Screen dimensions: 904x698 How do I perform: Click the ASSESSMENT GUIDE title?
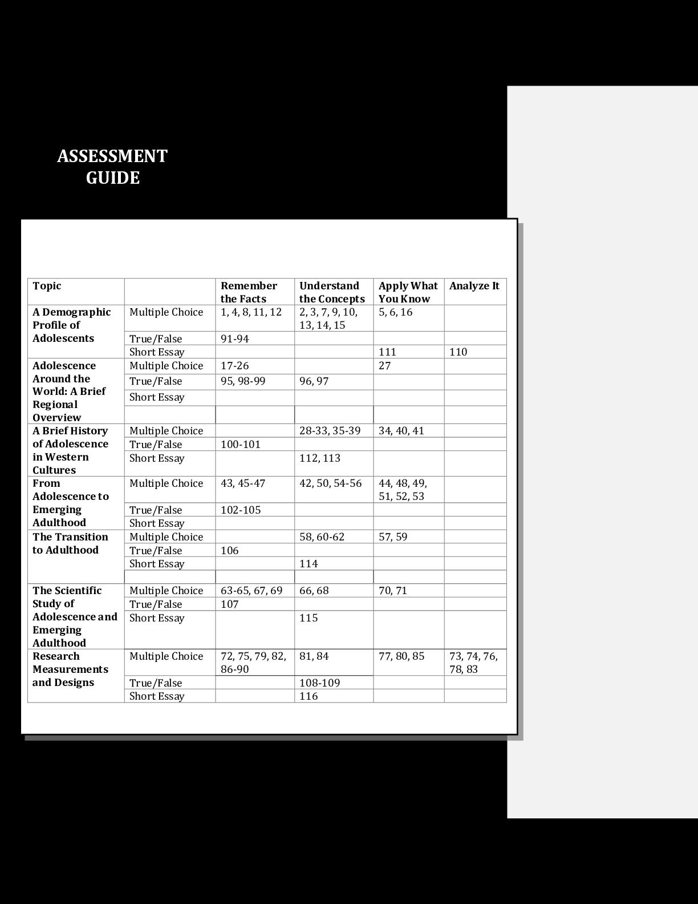point(112,167)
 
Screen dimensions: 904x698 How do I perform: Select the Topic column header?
point(47,286)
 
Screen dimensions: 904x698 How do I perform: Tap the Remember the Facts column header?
point(249,292)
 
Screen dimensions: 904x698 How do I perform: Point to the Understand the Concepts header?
point(332,292)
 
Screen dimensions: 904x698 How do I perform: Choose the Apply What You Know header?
point(408,292)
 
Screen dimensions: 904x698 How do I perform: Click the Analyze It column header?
point(474,286)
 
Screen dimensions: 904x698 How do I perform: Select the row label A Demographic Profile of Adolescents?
point(71,325)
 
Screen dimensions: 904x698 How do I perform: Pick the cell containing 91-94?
point(235,338)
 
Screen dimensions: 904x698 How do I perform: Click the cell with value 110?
point(458,352)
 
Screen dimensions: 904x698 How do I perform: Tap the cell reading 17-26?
point(235,366)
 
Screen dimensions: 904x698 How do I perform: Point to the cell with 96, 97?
point(314,381)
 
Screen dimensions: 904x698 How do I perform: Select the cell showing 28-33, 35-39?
point(330,431)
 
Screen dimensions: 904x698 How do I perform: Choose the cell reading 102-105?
point(241,510)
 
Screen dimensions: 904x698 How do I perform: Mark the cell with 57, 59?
point(393,537)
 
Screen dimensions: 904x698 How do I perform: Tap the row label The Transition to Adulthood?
point(70,544)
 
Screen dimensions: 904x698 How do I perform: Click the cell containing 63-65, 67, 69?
point(251,591)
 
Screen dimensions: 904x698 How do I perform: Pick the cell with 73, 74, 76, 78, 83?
point(473,663)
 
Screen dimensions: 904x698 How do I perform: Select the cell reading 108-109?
point(319,683)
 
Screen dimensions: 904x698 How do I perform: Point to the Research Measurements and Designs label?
point(70,669)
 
